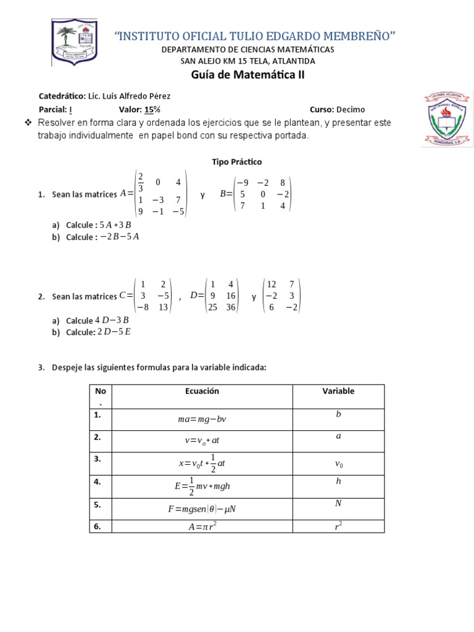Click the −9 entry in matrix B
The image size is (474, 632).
[243, 183]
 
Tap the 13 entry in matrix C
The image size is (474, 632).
[163, 307]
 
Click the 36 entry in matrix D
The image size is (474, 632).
[231, 307]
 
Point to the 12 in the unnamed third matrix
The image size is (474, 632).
[272, 284]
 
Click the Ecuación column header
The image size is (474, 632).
[202, 391]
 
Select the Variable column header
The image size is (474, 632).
[338, 391]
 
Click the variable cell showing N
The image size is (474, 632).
[338, 504]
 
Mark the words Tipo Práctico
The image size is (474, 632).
[237, 162]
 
